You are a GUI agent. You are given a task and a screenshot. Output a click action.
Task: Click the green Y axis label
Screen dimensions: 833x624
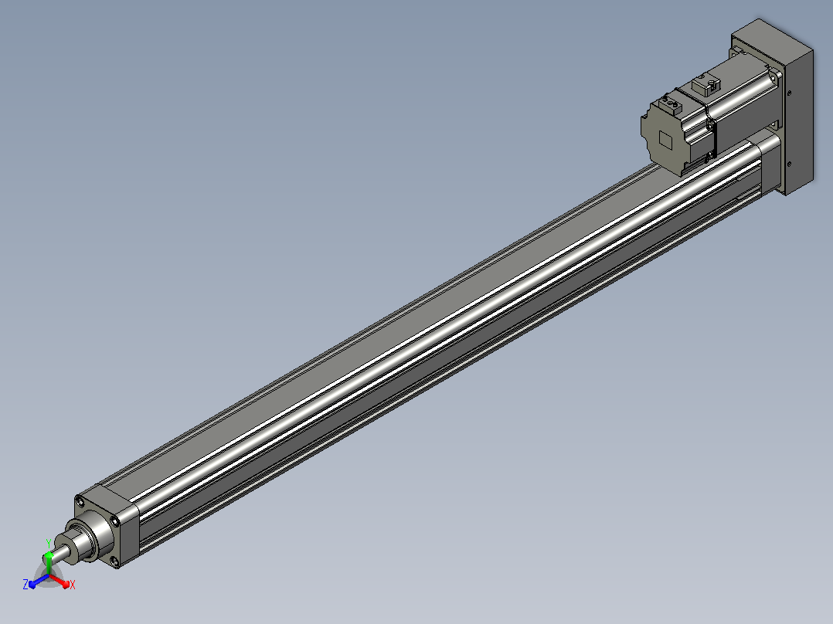49,543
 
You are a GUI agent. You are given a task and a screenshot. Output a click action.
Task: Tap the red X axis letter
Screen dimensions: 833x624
73,585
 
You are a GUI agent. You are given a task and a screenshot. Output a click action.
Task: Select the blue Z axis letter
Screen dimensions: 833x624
25,584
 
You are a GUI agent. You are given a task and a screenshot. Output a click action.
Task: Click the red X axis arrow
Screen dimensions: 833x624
59,580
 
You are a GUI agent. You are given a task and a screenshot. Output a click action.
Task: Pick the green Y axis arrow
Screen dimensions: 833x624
49,563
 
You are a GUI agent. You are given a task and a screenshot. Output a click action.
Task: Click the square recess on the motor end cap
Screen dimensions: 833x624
666,140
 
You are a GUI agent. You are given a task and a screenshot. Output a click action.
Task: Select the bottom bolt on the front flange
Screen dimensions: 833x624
114,561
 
